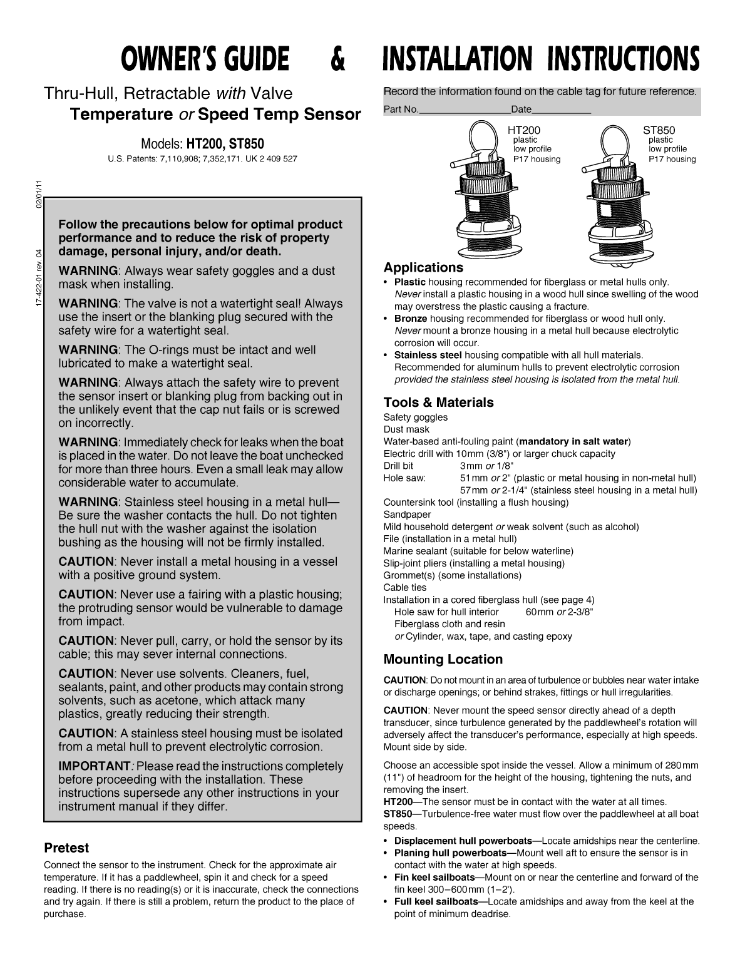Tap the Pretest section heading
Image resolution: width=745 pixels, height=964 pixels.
coord(66,848)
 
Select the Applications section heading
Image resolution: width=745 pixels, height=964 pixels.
coord(423,268)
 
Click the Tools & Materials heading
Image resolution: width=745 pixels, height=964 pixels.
coord(438,403)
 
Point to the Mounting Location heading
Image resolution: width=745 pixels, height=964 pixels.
coord(443,659)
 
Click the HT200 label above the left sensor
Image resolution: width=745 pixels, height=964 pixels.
coord(524,130)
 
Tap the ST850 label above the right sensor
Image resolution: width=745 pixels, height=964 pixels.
coord(659,130)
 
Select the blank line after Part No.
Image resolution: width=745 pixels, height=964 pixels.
coord(465,110)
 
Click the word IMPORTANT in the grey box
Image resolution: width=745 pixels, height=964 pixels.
coord(94,766)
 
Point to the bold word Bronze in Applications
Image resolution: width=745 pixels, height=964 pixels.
coord(410,319)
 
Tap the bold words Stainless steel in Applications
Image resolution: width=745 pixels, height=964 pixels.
coord(428,355)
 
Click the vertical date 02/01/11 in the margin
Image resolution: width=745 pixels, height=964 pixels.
coord(39,194)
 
